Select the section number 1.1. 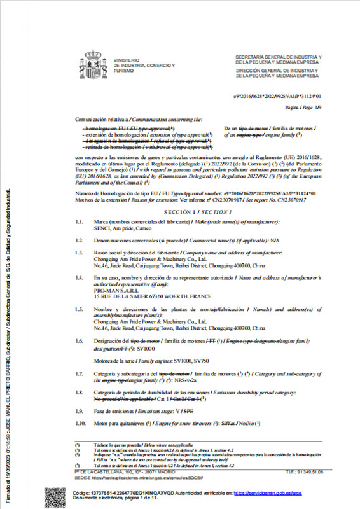click(80, 221)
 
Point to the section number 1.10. click(81, 422)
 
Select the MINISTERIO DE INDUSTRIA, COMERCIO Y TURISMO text click(144, 65)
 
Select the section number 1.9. click(80, 412)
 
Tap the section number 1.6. click(80, 342)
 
